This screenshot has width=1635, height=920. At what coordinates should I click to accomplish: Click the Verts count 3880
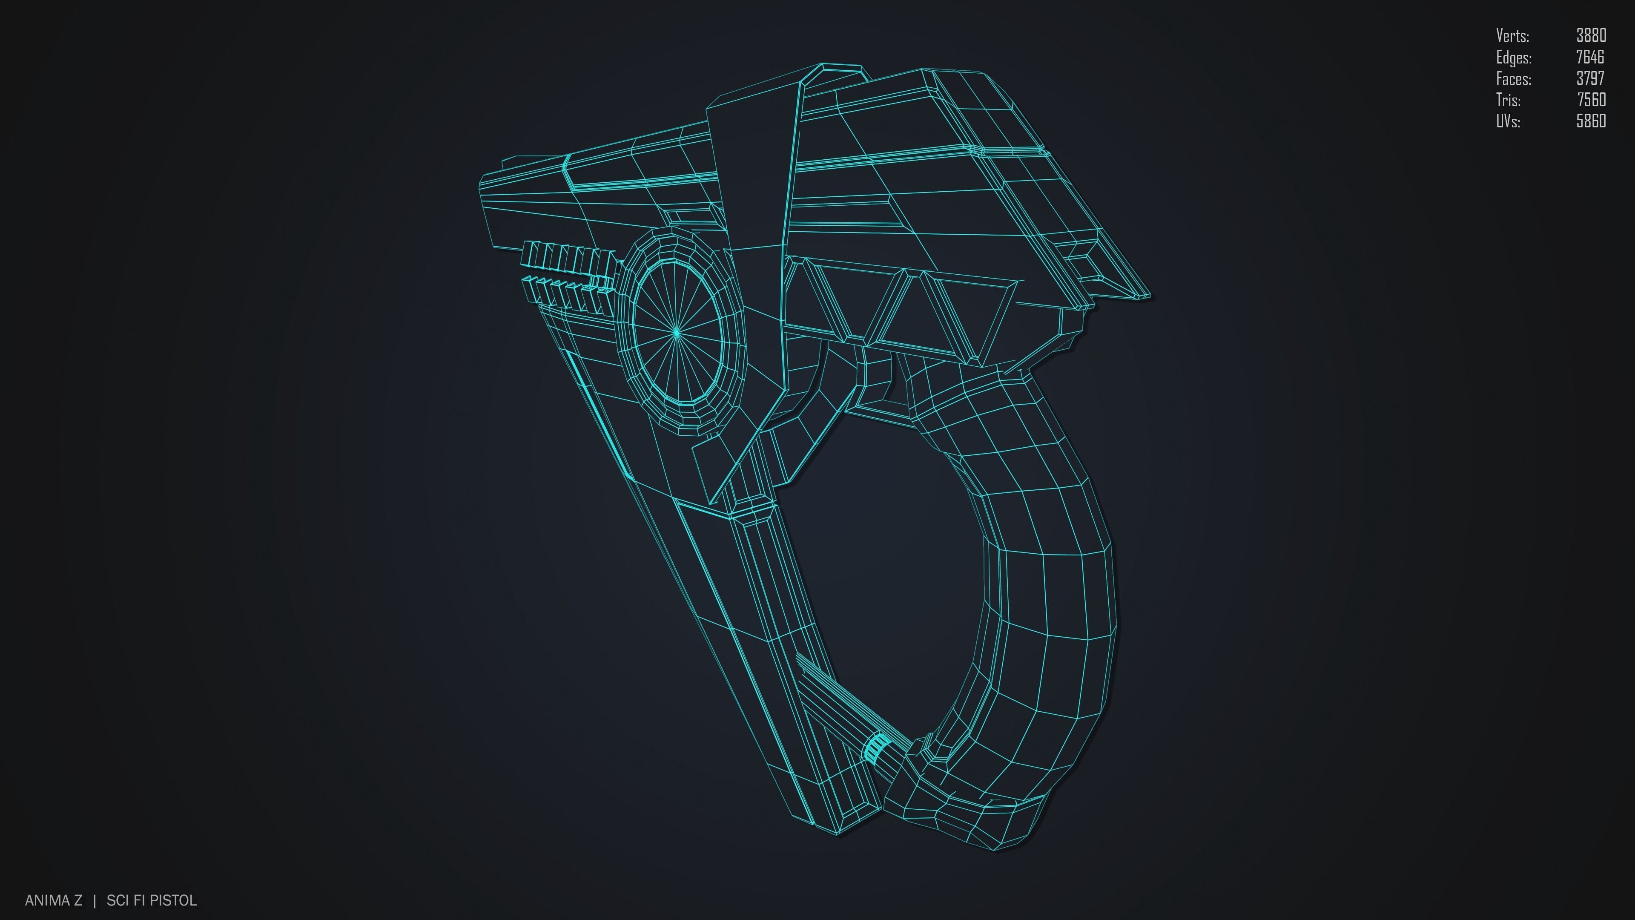(x=1591, y=35)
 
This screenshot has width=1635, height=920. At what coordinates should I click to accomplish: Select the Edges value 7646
(x=1589, y=57)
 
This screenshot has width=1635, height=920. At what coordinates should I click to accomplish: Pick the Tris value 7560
(x=1591, y=100)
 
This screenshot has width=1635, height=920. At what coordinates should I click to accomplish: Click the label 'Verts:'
(x=1512, y=35)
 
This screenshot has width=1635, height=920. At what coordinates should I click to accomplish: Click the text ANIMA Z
(x=53, y=900)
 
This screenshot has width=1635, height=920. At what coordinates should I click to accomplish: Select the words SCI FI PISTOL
(x=152, y=900)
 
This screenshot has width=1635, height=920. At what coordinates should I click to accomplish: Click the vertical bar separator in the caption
(x=95, y=900)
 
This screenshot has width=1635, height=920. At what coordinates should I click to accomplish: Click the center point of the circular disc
(x=677, y=331)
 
